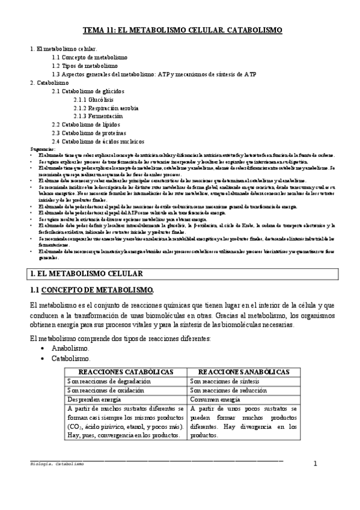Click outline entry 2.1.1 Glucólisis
pyautogui.click(x=93, y=99)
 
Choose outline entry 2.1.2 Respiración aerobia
pyautogui.click(x=106, y=108)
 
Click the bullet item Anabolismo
pyautogui.click(x=71, y=348)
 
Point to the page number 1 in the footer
pyautogui.click(x=314, y=464)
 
